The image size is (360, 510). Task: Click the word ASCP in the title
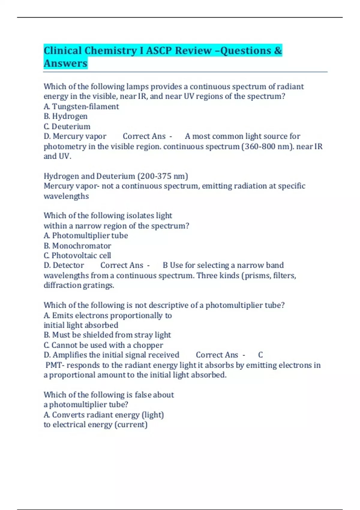pyautogui.click(x=159, y=50)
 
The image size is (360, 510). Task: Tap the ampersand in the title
pyautogui.click(x=278, y=50)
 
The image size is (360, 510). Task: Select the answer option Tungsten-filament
pyautogui.click(x=85, y=106)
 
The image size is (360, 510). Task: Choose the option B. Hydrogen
pyautogui.click(x=66, y=116)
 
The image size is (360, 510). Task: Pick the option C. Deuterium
pyautogui.click(x=67, y=126)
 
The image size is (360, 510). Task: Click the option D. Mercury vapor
pyautogui.click(x=75, y=136)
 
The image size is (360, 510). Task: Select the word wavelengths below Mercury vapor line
pyautogui.click(x=66, y=196)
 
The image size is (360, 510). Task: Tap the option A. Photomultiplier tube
pyautogui.click(x=86, y=235)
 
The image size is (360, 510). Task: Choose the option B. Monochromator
pyautogui.click(x=77, y=246)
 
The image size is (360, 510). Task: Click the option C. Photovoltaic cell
pyautogui.click(x=77, y=256)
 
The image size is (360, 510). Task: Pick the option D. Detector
pyautogui.click(x=64, y=265)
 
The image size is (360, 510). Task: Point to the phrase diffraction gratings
pyautogui.click(x=79, y=285)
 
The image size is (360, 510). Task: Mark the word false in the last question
pyautogui.click(x=143, y=395)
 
